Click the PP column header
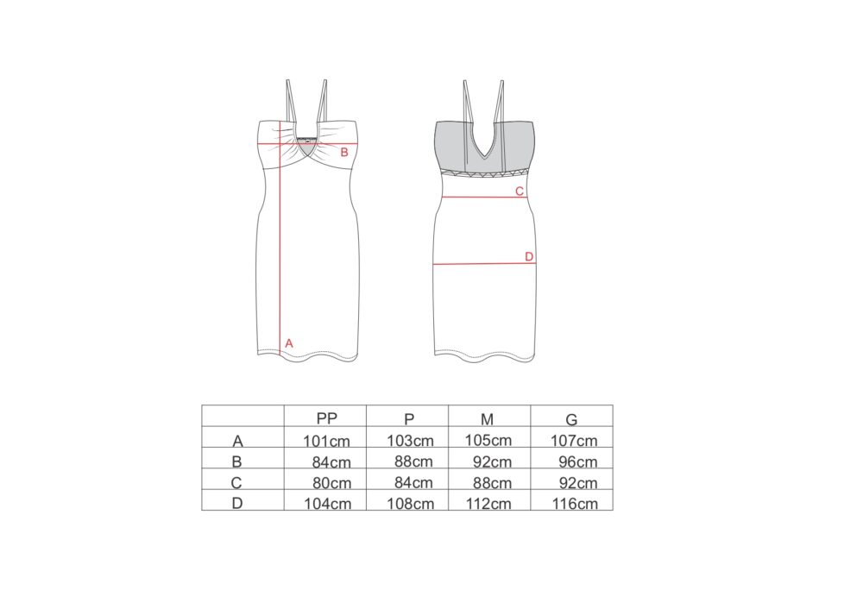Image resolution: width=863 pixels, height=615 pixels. [326, 419]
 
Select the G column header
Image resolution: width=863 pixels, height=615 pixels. [571, 420]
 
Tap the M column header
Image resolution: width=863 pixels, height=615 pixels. [487, 419]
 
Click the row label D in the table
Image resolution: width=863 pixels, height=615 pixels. [237, 504]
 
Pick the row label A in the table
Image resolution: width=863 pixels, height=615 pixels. [237, 441]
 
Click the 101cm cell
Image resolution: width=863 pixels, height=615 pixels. [327, 441]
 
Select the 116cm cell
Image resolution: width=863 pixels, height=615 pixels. [575, 504]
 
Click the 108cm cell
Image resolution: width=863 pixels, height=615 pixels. [410, 504]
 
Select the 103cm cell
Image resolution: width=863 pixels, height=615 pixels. [410, 441]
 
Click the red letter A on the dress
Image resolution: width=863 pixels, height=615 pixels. [289, 343]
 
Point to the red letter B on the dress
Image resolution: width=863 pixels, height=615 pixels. [343, 153]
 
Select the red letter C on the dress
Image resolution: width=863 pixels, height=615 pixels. [520, 191]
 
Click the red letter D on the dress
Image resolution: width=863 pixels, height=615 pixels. [529, 256]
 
